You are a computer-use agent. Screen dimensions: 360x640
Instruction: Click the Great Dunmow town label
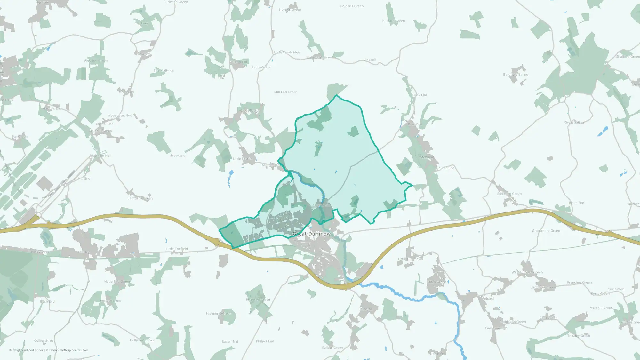311,234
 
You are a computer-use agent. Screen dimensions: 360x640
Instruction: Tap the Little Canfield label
177,249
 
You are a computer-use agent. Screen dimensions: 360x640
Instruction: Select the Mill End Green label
285,92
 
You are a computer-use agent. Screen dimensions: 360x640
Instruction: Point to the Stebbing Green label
509,194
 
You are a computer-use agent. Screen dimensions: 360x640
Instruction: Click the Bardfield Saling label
516,75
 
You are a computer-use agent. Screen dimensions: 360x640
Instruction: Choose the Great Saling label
574,122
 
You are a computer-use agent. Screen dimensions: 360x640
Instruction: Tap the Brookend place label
178,156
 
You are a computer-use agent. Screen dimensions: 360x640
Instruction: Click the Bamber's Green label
140,198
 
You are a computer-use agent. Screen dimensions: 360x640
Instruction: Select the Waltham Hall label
100,156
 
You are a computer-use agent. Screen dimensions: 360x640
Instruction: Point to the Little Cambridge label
287,52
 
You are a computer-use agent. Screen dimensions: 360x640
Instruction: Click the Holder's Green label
351,6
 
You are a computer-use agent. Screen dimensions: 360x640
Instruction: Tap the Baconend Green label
218,314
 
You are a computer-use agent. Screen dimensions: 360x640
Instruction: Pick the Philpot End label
265,341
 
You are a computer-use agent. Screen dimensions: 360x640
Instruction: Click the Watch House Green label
527,272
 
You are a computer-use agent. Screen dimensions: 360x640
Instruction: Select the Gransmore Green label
546,231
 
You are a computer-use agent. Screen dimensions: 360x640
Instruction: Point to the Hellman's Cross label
142,340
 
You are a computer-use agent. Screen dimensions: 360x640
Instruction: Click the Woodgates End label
120,116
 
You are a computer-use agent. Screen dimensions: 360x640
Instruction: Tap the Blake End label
576,203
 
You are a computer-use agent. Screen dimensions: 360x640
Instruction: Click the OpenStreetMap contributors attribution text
69,350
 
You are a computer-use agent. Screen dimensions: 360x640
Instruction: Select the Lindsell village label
370,60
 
